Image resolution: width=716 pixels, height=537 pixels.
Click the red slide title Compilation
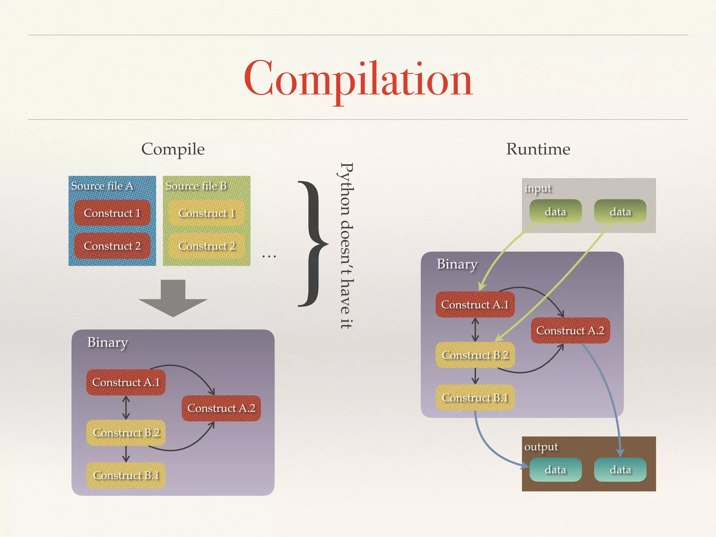[x=358, y=80]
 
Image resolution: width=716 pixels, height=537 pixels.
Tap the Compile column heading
[x=173, y=149]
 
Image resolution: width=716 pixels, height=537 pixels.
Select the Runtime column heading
[x=538, y=149]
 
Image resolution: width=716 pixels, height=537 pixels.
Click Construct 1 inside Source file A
[x=112, y=213]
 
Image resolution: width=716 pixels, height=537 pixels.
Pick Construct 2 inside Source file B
[x=207, y=246]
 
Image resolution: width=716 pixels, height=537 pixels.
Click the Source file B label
[x=196, y=186]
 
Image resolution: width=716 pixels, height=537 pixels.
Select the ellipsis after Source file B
[x=269, y=257]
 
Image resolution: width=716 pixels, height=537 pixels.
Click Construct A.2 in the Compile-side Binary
[x=221, y=408]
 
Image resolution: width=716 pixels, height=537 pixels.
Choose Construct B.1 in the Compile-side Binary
[x=126, y=475]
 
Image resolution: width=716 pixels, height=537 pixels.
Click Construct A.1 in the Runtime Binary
[x=475, y=305]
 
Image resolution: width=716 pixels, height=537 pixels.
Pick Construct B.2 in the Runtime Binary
[x=475, y=355]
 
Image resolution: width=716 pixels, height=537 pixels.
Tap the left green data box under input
[x=555, y=212]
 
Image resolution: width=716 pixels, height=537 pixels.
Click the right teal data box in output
[x=620, y=470]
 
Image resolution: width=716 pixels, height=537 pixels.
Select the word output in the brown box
[x=541, y=447]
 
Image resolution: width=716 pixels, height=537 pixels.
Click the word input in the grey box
[x=538, y=188]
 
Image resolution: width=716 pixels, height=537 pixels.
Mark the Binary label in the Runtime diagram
[x=457, y=264]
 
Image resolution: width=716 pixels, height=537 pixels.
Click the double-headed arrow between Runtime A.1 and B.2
[x=475, y=330]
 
